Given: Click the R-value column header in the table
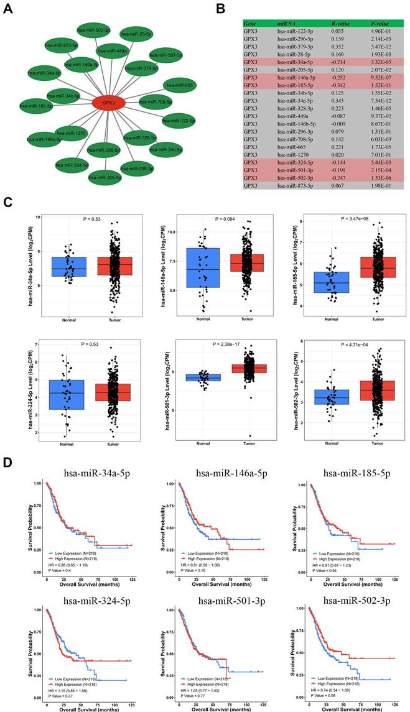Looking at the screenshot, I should pos(341,24).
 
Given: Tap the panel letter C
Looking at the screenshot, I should pos(7,203).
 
